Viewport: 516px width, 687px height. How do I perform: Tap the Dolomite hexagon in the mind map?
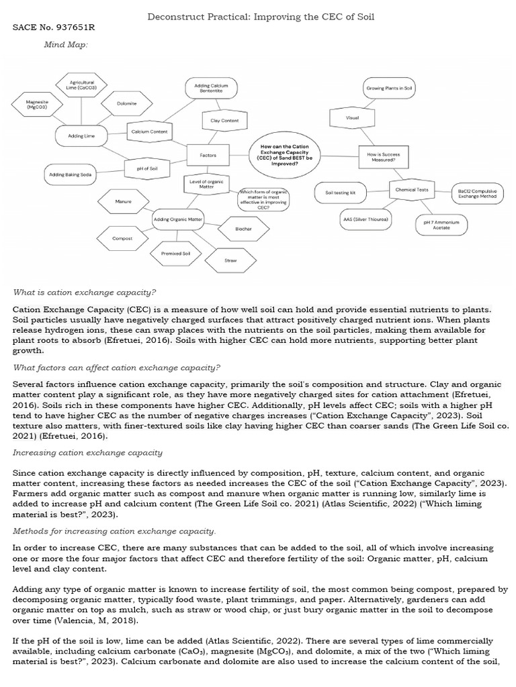pyautogui.click(x=126, y=103)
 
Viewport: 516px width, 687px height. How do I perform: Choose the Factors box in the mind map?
pyautogui.click(x=208, y=155)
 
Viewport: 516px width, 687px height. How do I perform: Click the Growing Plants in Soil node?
pyautogui.click(x=389, y=89)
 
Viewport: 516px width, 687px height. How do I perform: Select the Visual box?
pyautogui.click(x=352, y=117)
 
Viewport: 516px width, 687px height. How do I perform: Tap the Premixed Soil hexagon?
pyautogui.click(x=175, y=253)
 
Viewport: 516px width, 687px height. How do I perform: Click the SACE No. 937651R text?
pyautogui.click(x=54, y=28)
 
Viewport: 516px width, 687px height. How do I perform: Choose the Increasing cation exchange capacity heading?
pyautogui.click(x=88, y=453)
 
